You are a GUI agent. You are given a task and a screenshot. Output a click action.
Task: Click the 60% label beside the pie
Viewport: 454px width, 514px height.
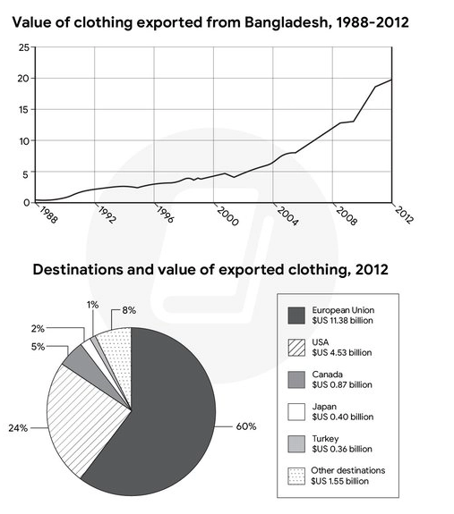(x=246, y=426)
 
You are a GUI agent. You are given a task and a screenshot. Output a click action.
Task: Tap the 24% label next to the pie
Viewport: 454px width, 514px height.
(x=18, y=428)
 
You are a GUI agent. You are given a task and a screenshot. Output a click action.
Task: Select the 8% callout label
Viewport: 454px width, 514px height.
(x=129, y=310)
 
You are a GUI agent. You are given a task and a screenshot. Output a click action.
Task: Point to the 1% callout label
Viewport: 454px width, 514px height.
(x=92, y=305)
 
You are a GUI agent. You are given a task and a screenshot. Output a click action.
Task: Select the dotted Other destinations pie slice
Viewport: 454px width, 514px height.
(x=119, y=354)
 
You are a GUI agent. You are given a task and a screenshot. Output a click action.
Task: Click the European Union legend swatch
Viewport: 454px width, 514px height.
(x=296, y=316)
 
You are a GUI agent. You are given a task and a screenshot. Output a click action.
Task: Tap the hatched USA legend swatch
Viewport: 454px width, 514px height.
(x=296, y=348)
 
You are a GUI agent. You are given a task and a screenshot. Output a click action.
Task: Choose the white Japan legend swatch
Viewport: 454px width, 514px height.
(x=296, y=412)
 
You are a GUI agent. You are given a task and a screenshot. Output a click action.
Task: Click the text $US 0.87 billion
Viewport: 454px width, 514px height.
(x=342, y=384)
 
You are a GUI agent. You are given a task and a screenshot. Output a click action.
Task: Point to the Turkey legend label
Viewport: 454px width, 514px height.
(x=325, y=439)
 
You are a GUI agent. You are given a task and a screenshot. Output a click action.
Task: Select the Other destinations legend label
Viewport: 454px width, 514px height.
(x=348, y=470)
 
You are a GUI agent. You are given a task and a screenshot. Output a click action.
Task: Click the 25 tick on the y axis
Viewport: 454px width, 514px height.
(x=24, y=47)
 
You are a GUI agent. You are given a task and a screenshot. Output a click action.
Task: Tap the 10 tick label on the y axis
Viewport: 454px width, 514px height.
(x=24, y=141)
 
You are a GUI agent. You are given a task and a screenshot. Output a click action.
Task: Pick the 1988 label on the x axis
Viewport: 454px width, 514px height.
(x=48, y=215)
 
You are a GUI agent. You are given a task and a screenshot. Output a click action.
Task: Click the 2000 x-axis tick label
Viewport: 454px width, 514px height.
(x=227, y=216)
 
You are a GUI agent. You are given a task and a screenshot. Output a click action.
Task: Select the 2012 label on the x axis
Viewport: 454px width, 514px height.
(x=404, y=215)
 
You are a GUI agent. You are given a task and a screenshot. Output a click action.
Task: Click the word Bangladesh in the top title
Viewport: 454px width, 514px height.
(x=286, y=22)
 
